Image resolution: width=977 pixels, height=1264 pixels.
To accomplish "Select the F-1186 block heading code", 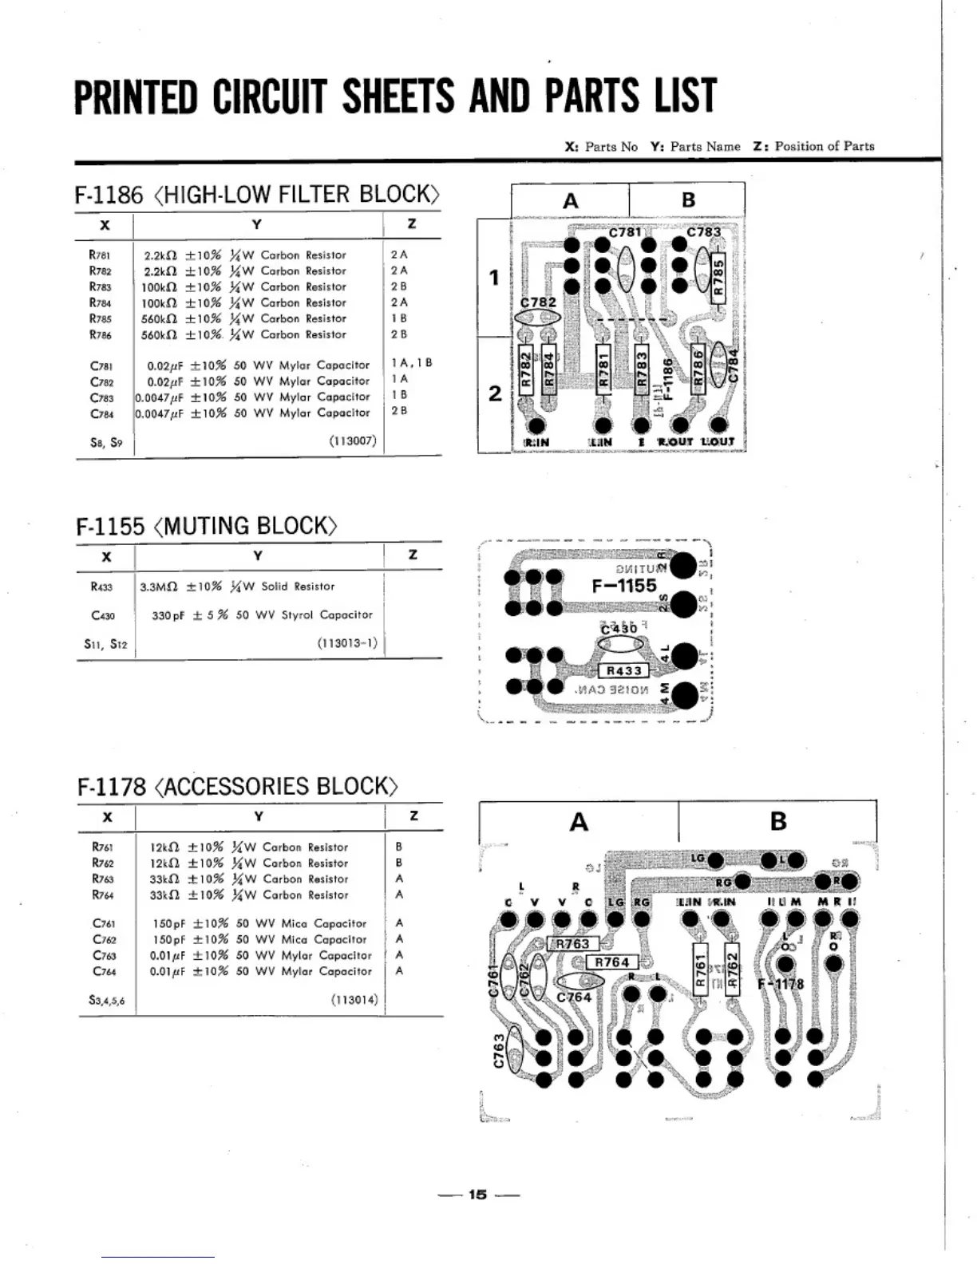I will (109, 195).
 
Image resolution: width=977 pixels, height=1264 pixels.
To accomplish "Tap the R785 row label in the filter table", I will (101, 318).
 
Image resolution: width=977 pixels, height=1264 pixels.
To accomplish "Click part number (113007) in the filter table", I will (352, 440).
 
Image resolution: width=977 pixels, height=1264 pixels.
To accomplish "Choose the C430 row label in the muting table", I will (103, 615).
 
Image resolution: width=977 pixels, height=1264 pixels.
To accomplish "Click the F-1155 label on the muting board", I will (624, 585).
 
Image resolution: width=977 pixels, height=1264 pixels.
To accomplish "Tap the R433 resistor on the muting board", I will (624, 671).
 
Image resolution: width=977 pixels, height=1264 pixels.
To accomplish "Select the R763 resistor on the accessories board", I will (572, 944).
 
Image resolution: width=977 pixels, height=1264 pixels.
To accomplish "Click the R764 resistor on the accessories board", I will (612, 962).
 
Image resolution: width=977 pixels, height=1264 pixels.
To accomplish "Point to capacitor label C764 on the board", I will (574, 997).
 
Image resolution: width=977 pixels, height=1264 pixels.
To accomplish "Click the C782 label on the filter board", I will (538, 302).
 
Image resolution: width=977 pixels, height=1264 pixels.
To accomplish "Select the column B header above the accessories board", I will (778, 821).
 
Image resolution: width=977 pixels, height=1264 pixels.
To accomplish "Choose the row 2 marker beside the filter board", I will (495, 393).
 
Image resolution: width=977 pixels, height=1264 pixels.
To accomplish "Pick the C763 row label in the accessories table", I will (104, 955).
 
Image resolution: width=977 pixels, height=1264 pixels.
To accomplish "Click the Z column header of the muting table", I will (413, 555).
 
